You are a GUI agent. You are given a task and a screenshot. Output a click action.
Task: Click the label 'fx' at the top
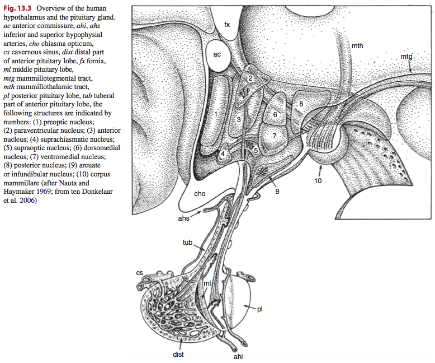(227, 24)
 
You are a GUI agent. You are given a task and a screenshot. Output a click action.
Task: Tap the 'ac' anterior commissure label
(217, 54)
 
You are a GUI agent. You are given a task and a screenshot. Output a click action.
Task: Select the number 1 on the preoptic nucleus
(215, 114)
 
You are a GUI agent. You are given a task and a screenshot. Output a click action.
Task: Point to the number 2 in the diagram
(251, 78)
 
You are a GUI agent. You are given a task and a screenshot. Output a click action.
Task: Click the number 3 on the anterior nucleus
(238, 119)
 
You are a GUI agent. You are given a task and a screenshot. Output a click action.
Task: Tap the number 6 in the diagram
(275, 114)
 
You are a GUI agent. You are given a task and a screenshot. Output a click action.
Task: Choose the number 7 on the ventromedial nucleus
(275, 135)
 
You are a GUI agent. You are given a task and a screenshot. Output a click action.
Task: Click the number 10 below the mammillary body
(318, 181)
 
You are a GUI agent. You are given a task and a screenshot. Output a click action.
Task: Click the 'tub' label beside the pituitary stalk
(188, 243)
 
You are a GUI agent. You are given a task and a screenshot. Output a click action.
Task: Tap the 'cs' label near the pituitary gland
(139, 272)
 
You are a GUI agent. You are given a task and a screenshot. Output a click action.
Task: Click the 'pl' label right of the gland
(259, 308)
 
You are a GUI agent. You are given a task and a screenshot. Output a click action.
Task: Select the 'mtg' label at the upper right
(406, 57)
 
